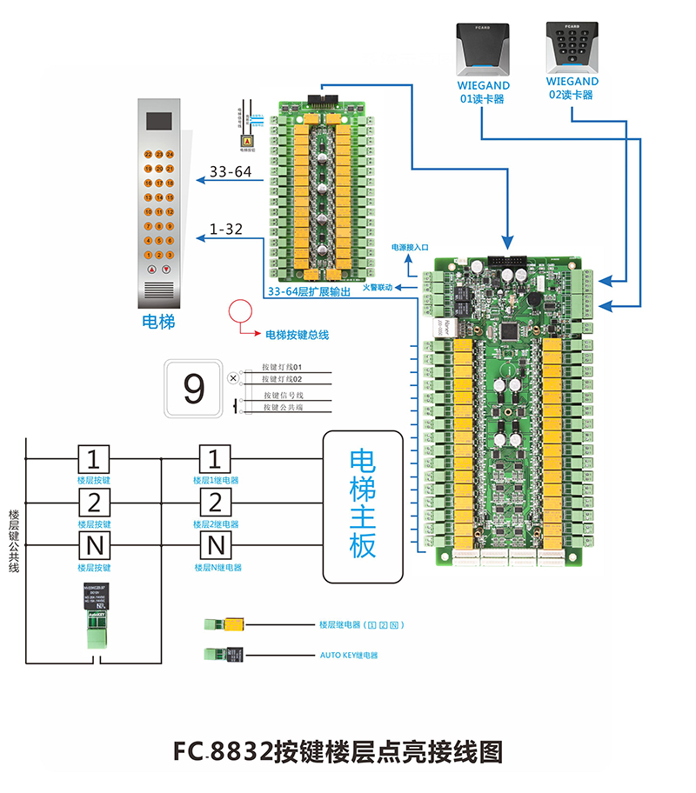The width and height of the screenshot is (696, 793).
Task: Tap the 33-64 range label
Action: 231,172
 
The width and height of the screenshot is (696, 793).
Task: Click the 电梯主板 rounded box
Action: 363,506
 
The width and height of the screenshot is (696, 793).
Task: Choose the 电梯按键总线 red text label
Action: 297,335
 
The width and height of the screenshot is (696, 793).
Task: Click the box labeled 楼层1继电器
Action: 215,458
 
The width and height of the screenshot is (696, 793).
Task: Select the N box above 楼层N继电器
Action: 215,546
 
